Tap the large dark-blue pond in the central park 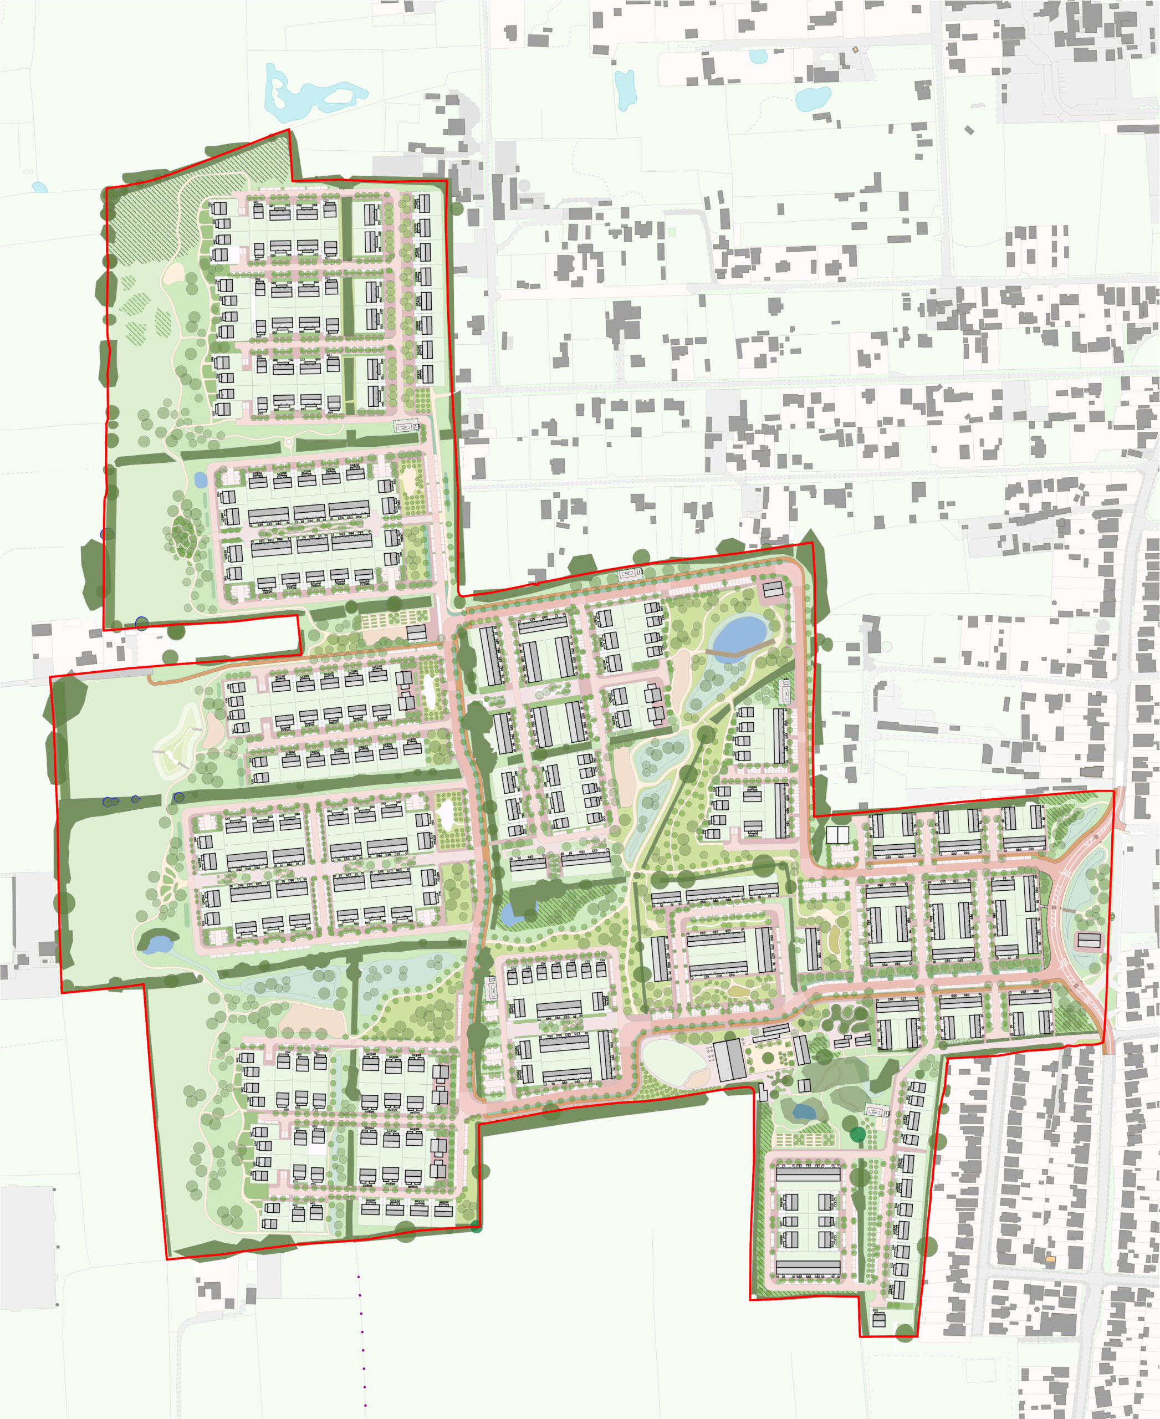pyautogui.click(x=738, y=632)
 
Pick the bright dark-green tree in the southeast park pyautogui.click(x=857, y=1134)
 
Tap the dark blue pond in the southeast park pyautogui.click(x=803, y=1111)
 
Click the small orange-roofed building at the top pyautogui.click(x=855, y=49)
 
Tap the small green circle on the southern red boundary pyautogui.click(x=476, y=1225)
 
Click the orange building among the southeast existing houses pyautogui.click(x=1050, y=1259)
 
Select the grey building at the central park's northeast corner pyautogui.click(x=773, y=590)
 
